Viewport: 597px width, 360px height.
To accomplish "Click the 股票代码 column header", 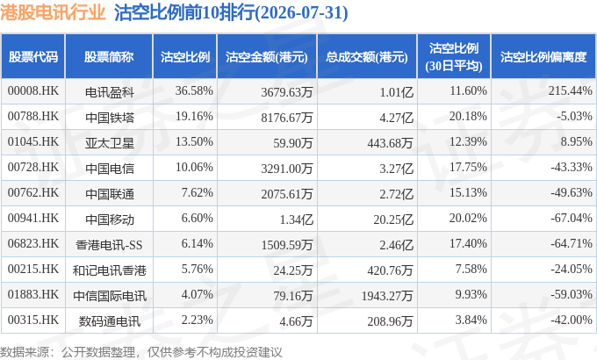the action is click(x=33, y=57).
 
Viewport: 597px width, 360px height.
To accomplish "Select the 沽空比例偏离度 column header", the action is click(x=543, y=57).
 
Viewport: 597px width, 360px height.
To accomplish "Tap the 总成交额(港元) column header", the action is click(x=367, y=57).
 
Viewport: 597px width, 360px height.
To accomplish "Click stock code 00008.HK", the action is click(x=33, y=90).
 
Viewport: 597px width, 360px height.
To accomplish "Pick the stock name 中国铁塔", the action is click(x=109, y=118).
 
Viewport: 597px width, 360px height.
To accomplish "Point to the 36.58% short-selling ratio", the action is click(x=194, y=90).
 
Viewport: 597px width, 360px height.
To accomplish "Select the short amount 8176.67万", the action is click(x=287, y=118).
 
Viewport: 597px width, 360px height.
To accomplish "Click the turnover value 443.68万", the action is click(x=391, y=143).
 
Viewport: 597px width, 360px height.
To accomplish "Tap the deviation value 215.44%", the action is click(x=571, y=90).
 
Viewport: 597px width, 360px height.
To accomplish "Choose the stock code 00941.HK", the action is click(x=33, y=218).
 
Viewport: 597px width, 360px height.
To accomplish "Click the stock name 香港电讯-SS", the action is click(x=109, y=245).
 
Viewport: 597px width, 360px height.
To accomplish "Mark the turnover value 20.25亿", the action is click(x=393, y=220).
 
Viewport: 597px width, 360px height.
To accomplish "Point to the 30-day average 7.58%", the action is click(x=471, y=269).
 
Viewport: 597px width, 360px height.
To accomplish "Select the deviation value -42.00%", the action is click(x=572, y=320).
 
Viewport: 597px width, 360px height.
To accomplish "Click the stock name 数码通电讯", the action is click(x=109, y=321).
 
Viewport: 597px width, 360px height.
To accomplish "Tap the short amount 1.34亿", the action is click(x=296, y=220).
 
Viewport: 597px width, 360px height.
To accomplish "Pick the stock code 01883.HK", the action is click(x=33, y=294).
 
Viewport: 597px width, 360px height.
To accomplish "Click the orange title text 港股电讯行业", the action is click(x=53, y=12).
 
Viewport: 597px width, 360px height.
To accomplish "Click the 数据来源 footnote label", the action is click(x=25, y=352).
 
